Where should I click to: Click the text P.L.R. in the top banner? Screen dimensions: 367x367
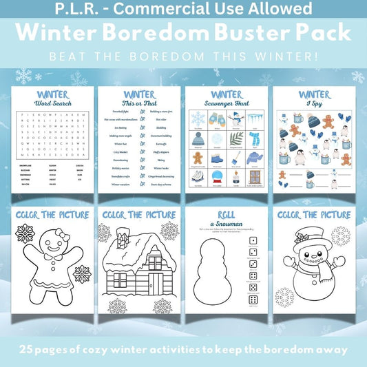(x=94, y=10)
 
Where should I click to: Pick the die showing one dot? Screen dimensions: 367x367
(x=252, y=240)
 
